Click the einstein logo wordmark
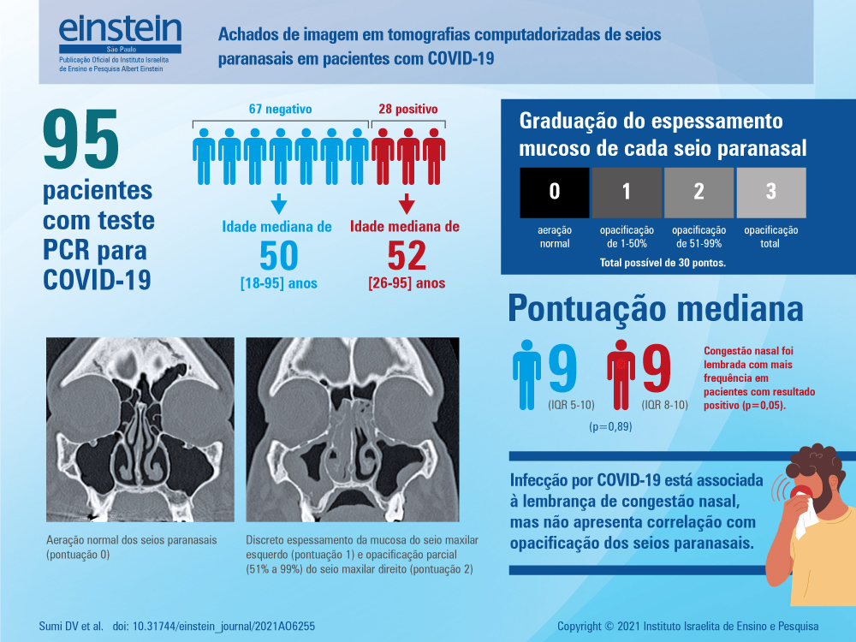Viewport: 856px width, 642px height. (120, 30)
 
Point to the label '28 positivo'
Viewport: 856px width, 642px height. (408, 109)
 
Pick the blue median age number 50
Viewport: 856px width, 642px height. (279, 257)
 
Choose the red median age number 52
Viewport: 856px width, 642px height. (407, 257)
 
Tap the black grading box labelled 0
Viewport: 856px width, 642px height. (555, 193)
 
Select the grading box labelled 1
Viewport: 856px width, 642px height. (627, 193)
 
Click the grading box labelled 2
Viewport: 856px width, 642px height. (698, 193)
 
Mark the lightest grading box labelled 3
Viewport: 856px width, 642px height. (770, 193)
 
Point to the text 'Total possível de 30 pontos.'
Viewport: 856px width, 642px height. (663, 263)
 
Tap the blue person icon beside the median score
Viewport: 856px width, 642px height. (526, 372)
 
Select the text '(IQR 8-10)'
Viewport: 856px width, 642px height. (664, 405)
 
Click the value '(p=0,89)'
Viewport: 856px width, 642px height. (609, 425)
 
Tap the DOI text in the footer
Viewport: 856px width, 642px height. (214, 626)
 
